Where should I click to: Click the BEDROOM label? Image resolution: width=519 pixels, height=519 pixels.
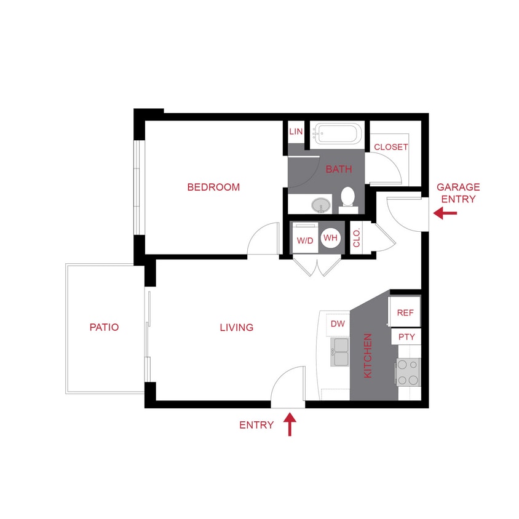213,187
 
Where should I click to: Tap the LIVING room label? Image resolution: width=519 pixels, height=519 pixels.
237,328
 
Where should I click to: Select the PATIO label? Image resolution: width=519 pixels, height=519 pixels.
104,328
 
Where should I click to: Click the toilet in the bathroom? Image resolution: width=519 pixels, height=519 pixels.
348,198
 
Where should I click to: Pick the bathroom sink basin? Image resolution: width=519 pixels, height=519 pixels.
320,205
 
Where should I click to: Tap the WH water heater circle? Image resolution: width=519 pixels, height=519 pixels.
330,238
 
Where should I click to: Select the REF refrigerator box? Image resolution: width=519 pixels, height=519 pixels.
405,312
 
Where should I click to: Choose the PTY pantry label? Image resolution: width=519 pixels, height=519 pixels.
406,337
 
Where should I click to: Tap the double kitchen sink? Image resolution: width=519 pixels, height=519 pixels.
339,352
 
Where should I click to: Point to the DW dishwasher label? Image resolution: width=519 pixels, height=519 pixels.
338,324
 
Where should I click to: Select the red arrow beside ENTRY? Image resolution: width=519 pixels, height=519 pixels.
290,424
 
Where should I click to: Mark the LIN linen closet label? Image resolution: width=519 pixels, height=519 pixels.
296,132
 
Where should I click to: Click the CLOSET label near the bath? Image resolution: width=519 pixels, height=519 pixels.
391,147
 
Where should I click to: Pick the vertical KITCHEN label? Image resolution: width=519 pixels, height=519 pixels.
368,355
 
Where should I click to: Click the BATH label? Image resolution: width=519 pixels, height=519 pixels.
339,169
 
